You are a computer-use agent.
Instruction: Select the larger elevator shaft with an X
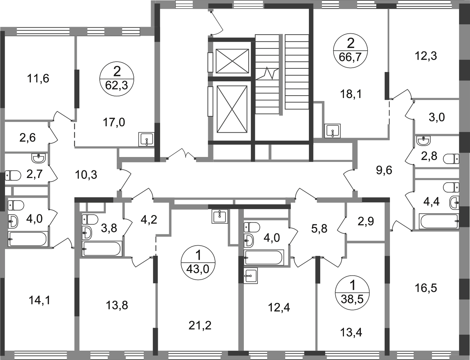point(232,108)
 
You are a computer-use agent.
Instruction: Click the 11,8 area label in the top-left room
point(39,79)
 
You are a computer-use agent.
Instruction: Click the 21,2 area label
point(200,325)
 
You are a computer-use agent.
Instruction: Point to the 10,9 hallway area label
point(87,174)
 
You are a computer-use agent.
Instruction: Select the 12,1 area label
point(352,94)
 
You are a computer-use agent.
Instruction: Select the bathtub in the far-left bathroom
point(27,240)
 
